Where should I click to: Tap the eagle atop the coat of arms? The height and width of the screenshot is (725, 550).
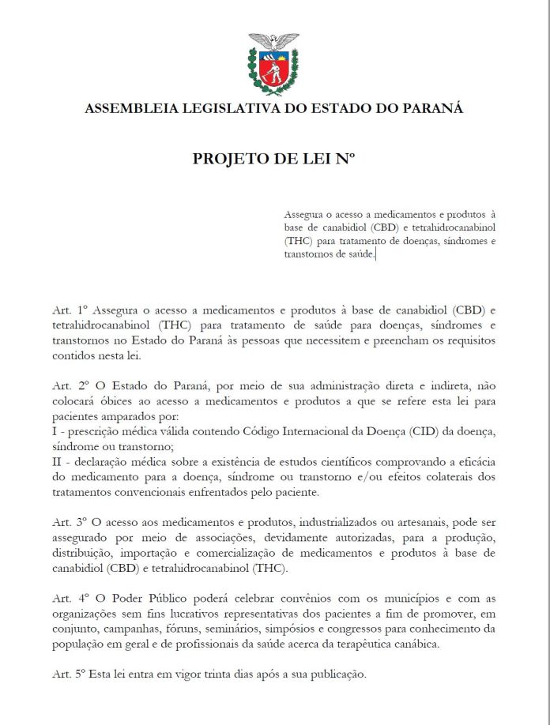pyautogui.click(x=274, y=40)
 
